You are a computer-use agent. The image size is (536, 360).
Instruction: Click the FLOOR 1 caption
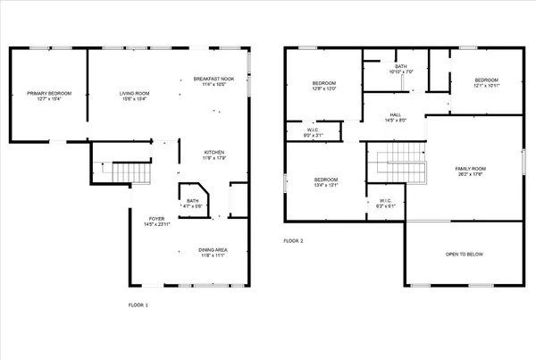pos(138,306)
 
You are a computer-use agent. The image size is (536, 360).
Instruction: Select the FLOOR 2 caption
pos(294,241)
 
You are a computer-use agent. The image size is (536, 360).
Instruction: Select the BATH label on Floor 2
pos(401,70)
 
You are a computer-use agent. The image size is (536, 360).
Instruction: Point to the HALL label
pos(395,118)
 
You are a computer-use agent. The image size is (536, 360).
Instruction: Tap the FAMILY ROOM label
pos(470,172)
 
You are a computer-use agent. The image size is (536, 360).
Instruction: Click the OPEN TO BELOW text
pos(465,255)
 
